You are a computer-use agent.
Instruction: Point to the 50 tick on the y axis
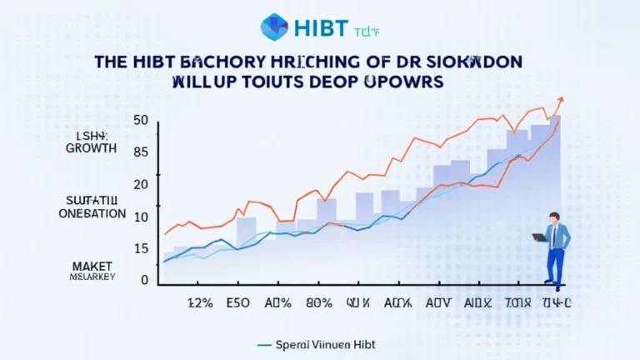140,121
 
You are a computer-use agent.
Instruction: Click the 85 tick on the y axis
140,152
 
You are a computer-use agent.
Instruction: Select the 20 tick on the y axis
140,184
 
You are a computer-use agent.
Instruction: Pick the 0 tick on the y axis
143,281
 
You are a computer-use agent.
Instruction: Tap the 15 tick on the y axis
140,248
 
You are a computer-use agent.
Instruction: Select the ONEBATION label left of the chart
92,213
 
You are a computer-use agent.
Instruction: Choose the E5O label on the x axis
238,304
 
